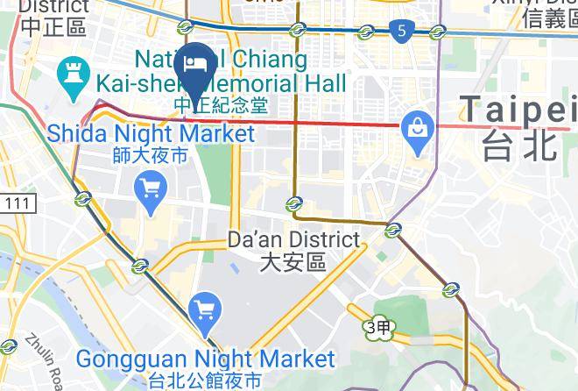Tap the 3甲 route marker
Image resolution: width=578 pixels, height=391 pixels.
[x=378, y=326]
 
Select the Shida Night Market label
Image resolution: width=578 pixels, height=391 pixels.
[x=152, y=134]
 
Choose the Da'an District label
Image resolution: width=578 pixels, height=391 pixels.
[x=293, y=238]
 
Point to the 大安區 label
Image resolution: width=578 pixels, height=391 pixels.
[x=293, y=261]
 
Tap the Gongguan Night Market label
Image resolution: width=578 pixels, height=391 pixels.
[x=206, y=359]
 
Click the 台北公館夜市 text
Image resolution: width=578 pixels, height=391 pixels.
[x=206, y=380]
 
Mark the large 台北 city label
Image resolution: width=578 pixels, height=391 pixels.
[x=519, y=143]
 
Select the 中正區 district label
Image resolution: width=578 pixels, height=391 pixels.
[x=53, y=26]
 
